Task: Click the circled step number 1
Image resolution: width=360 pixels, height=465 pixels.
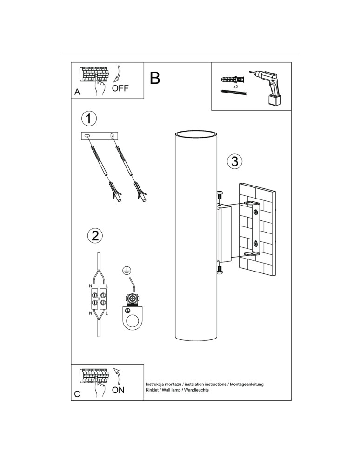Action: pyautogui.click(x=89, y=118)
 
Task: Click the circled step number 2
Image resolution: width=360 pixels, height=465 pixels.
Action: pyautogui.click(x=95, y=235)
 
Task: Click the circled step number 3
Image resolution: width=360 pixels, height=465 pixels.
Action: pyautogui.click(x=234, y=161)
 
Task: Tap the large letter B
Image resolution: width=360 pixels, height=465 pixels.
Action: pyautogui.click(x=155, y=78)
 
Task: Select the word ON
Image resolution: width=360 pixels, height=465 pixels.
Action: pyautogui.click(x=118, y=390)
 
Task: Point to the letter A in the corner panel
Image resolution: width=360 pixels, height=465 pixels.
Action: pyautogui.click(x=77, y=93)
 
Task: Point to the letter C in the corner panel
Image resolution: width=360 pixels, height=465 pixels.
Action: pyautogui.click(x=77, y=394)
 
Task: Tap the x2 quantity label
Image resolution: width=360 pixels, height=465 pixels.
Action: pyautogui.click(x=235, y=86)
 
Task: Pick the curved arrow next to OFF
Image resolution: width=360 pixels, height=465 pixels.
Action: pyautogui.click(x=118, y=74)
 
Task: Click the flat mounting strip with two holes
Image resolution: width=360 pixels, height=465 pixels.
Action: pyautogui.click(x=100, y=135)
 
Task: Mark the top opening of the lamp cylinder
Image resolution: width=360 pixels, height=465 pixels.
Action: pyautogui.click(x=195, y=134)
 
